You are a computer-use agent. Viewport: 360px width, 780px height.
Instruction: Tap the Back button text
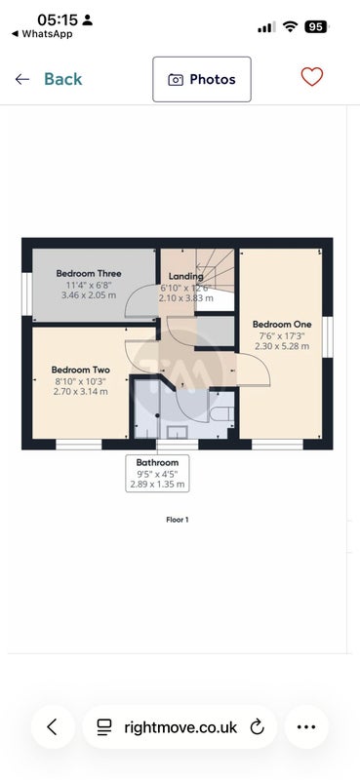63,79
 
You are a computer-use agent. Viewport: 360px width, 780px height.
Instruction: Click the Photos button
202,79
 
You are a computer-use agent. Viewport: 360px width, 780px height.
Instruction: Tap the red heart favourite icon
312,77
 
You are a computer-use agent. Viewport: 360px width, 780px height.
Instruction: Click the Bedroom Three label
89,273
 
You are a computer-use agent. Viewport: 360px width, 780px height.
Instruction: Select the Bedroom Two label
81,370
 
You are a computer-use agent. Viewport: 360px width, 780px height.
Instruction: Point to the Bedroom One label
282,325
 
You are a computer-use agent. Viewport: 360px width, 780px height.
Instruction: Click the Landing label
185,276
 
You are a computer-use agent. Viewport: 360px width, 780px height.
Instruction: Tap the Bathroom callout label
157,462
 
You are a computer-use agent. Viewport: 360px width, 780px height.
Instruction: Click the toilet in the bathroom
222,413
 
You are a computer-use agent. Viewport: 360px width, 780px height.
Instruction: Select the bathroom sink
177,432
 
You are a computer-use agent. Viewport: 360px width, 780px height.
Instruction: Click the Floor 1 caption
178,520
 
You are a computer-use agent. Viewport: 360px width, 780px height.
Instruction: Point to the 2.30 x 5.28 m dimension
282,346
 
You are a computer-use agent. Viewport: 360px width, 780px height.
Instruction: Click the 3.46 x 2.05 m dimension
89,295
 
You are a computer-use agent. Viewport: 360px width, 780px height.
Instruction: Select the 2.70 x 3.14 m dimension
81,392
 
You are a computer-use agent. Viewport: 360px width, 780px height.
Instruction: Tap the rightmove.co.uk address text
180,727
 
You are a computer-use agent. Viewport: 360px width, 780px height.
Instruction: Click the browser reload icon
257,726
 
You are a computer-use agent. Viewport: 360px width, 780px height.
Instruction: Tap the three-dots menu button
306,726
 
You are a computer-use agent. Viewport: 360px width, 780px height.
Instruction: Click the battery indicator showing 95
316,27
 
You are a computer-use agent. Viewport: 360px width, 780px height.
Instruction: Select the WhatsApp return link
42,34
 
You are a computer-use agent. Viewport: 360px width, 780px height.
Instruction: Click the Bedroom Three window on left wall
27,293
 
